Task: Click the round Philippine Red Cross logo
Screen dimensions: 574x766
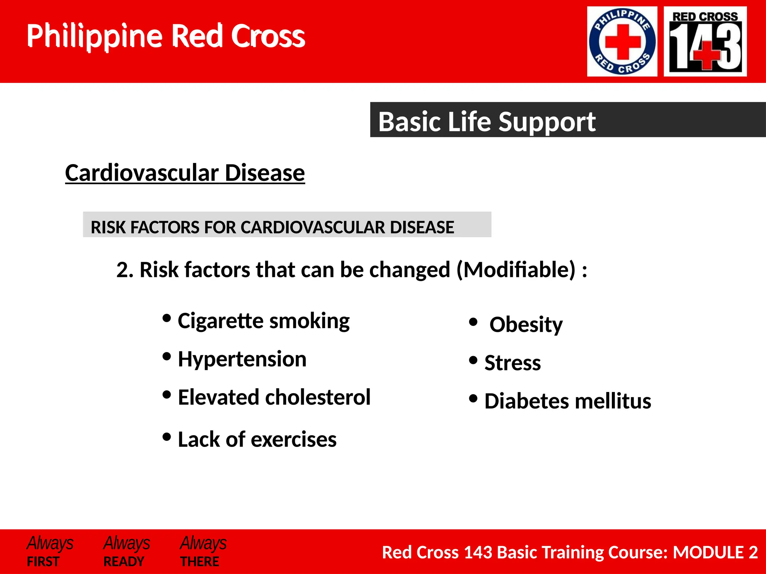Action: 622,41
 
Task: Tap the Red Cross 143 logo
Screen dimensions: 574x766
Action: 705,41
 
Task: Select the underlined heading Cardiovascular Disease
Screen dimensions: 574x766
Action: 185,173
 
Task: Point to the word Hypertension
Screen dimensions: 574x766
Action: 242,359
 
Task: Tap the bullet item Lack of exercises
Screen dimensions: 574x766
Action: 257,439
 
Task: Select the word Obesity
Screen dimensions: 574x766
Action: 526,324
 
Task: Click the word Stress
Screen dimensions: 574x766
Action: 512,363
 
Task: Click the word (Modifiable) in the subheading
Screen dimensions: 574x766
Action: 516,269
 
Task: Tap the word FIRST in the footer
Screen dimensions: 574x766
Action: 43,562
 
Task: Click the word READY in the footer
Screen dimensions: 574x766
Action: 124,562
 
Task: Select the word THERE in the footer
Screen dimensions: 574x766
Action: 200,562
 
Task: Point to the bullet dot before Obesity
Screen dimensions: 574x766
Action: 473,322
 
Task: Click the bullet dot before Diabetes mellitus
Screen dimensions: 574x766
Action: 473,398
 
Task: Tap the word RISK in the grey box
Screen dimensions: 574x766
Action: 107,228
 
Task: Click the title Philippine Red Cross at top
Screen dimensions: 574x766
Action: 166,36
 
